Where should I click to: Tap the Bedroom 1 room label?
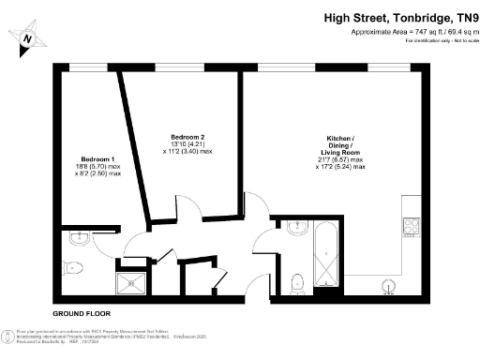click(97, 158)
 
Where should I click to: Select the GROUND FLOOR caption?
click(76, 309)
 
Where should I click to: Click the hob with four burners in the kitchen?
click(411, 225)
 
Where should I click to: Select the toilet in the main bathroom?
click(295, 279)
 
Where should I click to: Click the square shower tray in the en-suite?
click(130, 280)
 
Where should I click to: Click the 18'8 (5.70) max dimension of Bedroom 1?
click(97, 166)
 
